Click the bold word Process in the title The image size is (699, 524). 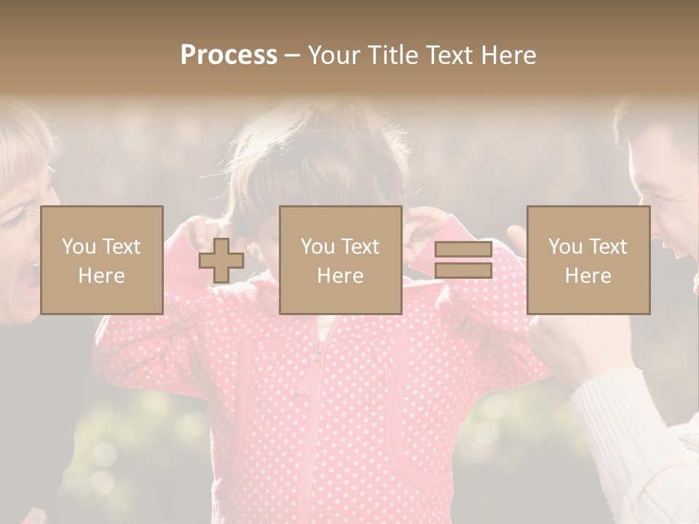[229, 56]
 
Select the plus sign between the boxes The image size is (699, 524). [221, 261]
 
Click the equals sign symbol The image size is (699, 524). [463, 260]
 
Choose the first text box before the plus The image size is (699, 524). [102, 260]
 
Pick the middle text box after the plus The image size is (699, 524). [340, 260]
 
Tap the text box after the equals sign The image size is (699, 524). [588, 260]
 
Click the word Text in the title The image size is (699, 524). [448, 55]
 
